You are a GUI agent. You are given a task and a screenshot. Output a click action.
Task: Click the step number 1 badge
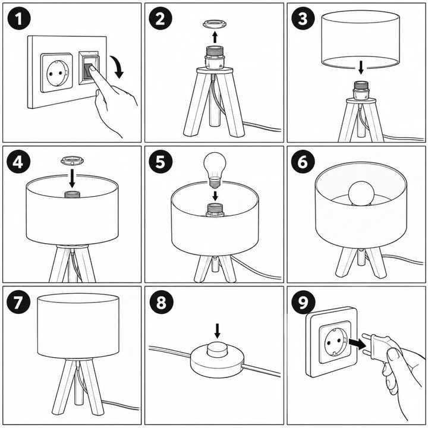19,18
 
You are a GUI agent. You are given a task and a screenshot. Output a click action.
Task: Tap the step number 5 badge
160,162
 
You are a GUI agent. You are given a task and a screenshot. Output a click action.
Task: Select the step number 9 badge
303,302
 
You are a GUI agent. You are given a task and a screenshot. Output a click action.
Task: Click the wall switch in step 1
89,68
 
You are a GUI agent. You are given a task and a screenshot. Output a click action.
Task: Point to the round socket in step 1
57,73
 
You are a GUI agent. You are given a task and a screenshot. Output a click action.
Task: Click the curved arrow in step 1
118,67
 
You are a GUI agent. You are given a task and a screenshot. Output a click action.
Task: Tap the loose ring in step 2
215,24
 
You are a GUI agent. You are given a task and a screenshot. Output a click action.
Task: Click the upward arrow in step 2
215,37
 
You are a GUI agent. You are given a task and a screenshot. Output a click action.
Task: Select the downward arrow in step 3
361,67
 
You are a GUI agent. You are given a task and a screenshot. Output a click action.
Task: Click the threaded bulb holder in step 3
361,90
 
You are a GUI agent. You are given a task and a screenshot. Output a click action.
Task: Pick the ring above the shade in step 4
72,160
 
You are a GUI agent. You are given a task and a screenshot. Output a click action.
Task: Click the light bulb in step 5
215,170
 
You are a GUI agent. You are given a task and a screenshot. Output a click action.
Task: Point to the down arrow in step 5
215,196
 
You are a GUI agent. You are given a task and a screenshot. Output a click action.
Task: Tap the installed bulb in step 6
361,193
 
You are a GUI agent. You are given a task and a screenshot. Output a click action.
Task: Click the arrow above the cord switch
218,331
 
